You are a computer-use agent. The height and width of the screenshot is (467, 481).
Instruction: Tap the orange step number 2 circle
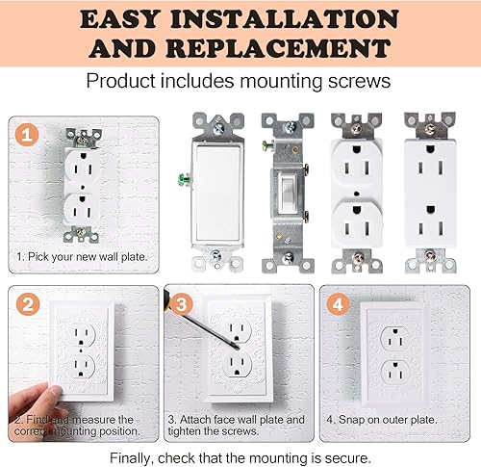pos(29,305)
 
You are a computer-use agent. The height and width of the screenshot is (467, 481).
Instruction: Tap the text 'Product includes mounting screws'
pos(240,81)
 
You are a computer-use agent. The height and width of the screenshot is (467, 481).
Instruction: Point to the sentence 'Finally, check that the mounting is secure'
pos(240,456)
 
